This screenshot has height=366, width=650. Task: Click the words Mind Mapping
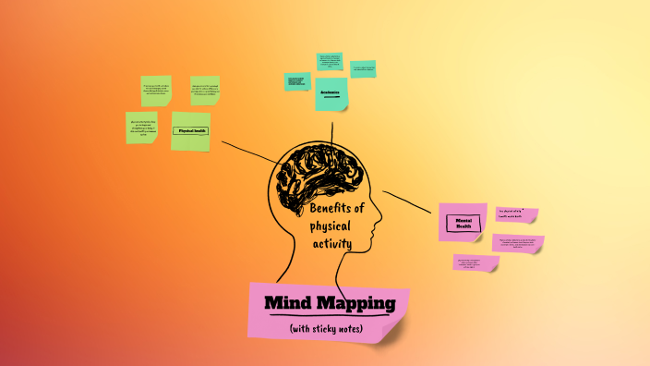(x=330, y=303)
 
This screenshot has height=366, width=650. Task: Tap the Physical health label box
(x=190, y=131)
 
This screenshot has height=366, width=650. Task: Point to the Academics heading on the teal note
(x=331, y=93)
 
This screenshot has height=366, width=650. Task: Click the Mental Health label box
(x=463, y=223)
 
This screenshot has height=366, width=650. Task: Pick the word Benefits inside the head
(x=338, y=209)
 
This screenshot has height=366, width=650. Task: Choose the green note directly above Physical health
(x=156, y=91)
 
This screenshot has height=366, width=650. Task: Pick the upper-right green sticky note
(x=205, y=91)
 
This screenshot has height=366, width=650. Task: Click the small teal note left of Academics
(x=296, y=81)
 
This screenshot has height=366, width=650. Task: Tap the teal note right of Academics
(x=363, y=68)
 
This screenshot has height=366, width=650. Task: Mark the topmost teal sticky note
(x=330, y=61)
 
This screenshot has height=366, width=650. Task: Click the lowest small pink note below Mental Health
(x=475, y=262)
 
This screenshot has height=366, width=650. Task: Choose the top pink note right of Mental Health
(x=516, y=214)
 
